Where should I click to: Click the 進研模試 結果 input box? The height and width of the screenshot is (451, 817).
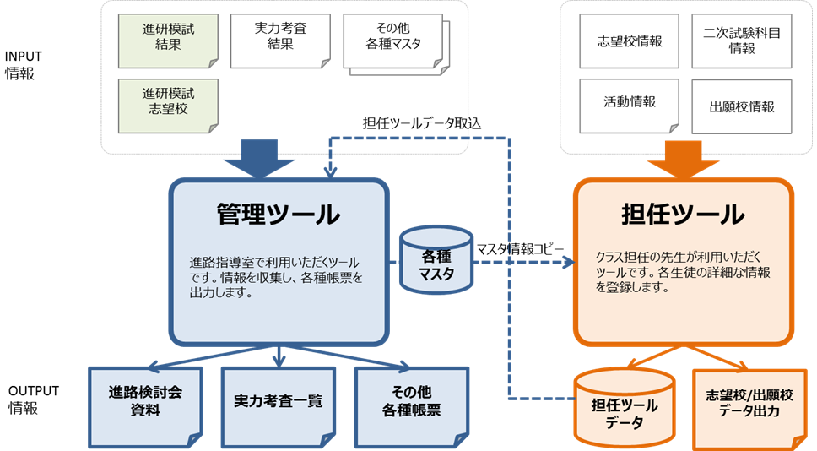pos(169,40)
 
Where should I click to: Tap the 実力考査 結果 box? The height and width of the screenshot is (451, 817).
pos(279,39)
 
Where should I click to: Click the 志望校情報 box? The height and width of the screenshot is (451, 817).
pos(627,41)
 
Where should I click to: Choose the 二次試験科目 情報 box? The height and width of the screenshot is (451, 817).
pos(741,41)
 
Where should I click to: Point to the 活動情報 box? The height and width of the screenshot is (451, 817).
pos(628,103)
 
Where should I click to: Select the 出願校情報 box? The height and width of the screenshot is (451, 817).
pos(741,106)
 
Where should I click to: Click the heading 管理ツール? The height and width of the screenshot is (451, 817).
pos(279,215)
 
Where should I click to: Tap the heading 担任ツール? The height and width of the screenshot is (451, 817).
pos(683,215)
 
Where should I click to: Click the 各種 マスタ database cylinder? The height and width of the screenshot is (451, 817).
pos(436,263)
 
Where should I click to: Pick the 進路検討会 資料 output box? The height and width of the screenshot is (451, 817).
pos(145,404)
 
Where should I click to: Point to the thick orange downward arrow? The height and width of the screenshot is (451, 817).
pos(684,160)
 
